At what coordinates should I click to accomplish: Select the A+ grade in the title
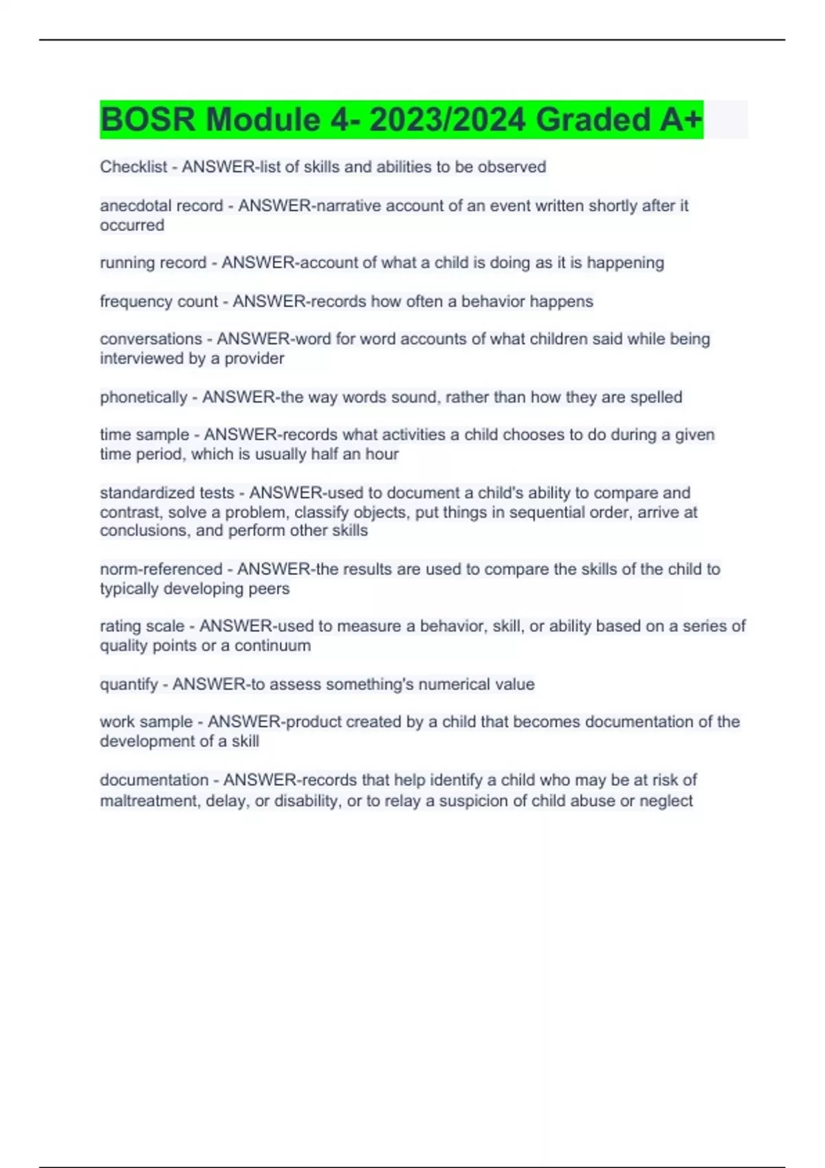681,120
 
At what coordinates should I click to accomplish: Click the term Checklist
133,167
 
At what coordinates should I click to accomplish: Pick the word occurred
132,225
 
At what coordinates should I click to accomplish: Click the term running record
153,262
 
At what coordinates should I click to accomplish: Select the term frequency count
158,301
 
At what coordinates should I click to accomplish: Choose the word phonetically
143,397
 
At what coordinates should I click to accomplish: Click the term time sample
144,435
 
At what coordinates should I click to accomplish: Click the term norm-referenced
161,569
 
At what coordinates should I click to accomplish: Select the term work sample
146,722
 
